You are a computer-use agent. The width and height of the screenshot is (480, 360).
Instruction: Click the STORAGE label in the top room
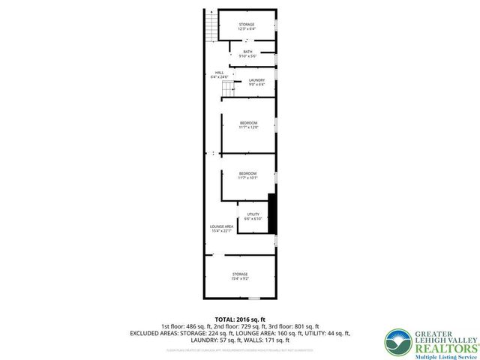tap(247, 25)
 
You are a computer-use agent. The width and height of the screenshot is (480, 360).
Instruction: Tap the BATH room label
tap(247, 52)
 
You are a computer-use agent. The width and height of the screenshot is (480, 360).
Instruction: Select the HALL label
tap(219, 72)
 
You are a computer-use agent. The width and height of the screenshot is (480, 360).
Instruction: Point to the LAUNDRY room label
tap(257, 79)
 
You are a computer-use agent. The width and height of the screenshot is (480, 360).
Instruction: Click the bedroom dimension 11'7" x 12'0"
tap(248, 127)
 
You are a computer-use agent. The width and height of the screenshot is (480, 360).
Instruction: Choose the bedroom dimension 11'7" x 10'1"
tap(248, 178)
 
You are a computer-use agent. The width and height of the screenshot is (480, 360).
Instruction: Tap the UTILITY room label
tap(253, 214)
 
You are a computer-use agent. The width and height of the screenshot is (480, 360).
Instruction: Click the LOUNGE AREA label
tap(221, 226)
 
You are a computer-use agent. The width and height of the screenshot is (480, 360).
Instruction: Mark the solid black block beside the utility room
tap(273, 214)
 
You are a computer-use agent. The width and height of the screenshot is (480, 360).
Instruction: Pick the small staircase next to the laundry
tap(228, 89)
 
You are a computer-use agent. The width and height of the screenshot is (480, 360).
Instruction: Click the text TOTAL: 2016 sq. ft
tap(240, 319)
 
